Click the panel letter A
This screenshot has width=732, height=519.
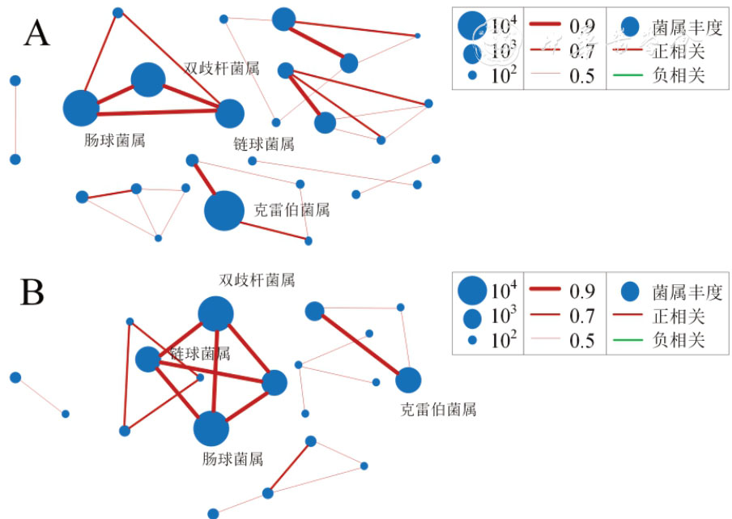pyautogui.click(x=38, y=34)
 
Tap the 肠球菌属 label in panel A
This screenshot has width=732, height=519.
pyautogui.click(x=114, y=140)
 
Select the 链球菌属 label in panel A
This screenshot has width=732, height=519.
pyautogui.click(x=263, y=144)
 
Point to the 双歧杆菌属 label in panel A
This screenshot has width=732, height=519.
pyautogui.click(x=222, y=69)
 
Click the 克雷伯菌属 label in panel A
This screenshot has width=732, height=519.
pyautogui.click(x=292, y=211)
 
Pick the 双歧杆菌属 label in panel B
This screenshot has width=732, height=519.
pyautogui.click(x=257, y=280)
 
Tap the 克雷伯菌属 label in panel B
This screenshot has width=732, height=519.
pyautogui.click(x=439, y=409)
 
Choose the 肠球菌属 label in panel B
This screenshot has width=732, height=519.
pyautogui.click(x=232, y=459)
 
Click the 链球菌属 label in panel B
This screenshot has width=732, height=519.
pyautogui.click(x=200, y=354)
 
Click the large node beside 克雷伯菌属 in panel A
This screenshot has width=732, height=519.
pyautogui.click(x=224, y=211)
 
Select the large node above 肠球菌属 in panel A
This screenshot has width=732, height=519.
pyautogui.click(x=80, y=107)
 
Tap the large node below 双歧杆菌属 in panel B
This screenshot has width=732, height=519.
pyautogui.click(x=216, y=313)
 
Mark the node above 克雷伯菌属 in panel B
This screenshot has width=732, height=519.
pyautogui.click(x=409, y=380)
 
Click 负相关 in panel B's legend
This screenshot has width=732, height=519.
pyautogui.click(x=678, y=341)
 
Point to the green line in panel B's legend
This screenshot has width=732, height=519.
pyautogui.click(x=632, y=341)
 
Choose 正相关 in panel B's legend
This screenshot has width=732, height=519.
pyautogui.click(x=678, y=317)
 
